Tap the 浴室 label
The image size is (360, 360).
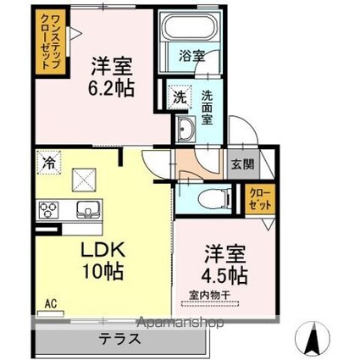[191, 56]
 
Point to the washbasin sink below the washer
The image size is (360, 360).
[186, 130]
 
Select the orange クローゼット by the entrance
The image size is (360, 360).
[258, 200]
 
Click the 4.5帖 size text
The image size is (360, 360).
[224, 273]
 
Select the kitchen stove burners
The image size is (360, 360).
[47, 210]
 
